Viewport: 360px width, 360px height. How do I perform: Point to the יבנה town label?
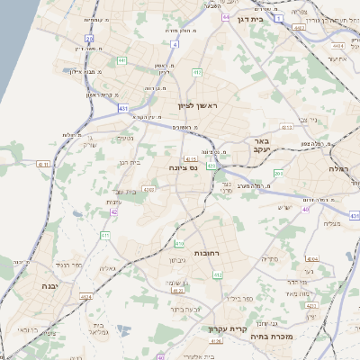[x=48, y=285]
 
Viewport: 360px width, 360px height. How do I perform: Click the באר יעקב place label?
[x=262, y=146]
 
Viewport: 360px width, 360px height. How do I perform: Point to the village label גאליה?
[x=106, y=268]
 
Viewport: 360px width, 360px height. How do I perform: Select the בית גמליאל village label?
[x=101, y=329]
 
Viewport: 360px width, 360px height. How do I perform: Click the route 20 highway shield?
[x=89, y=38]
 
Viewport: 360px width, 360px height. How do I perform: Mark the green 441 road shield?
[x=121, y=60]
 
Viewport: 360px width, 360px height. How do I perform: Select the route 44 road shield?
[x=225, y=17]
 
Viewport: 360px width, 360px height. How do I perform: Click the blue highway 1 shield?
[x=279, y=17]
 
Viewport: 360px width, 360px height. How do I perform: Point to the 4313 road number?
[x=287, y=128]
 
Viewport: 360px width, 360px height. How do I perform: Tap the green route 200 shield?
[x=278, y=174]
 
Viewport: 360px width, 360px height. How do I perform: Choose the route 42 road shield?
[x=114, y=212]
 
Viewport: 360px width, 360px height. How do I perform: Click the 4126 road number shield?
[x=215, y=341]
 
